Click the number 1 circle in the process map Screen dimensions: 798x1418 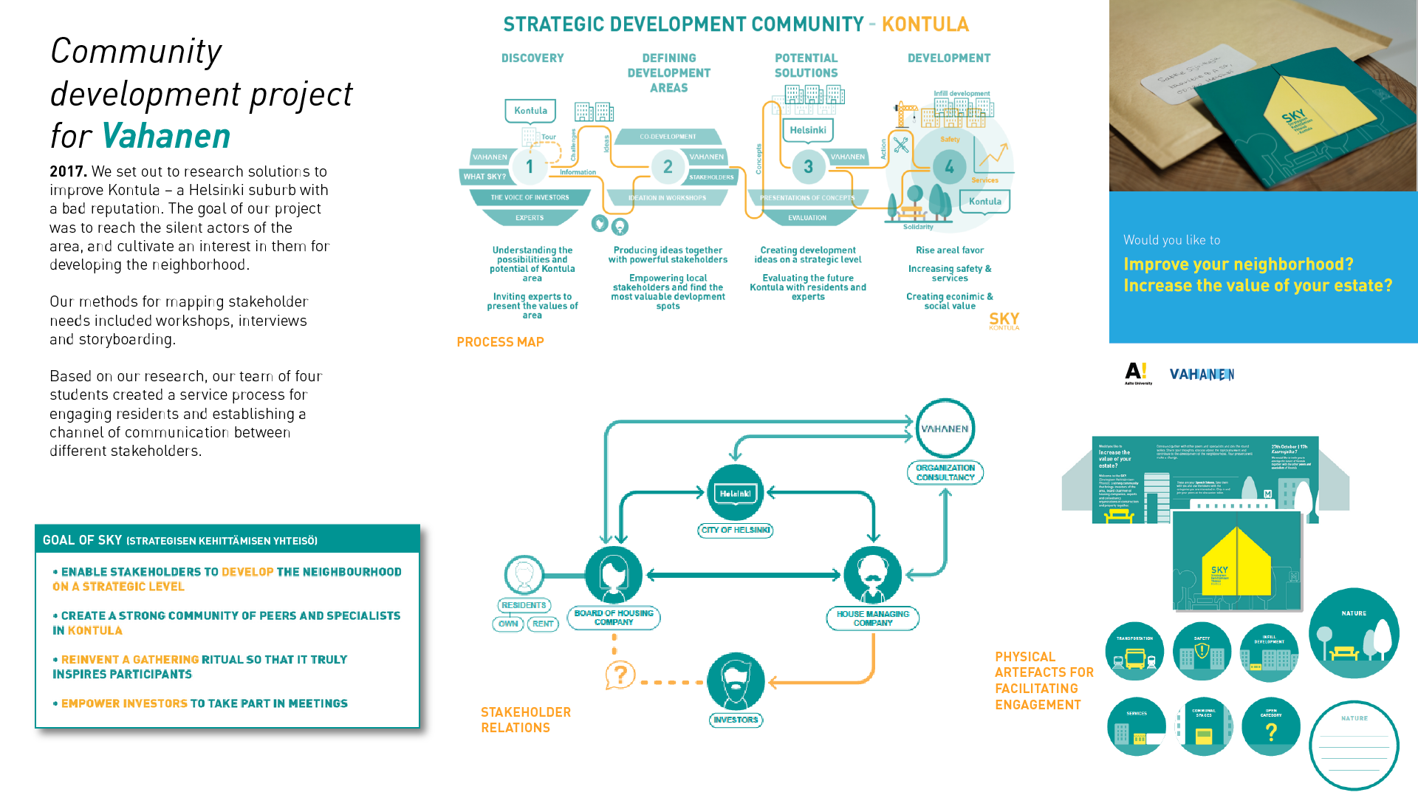pos(529,167)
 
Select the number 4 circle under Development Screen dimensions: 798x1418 pos(949,167)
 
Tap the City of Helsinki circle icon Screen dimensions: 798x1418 pos(735,493)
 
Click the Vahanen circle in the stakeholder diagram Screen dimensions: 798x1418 pos(945,429)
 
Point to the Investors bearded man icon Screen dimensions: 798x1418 pos(736,681)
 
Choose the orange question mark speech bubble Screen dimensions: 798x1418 pos(620,675)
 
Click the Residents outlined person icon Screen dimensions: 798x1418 pos(524,575)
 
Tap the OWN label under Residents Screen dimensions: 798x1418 pos(508,624)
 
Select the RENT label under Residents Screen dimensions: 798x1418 pos(543,624)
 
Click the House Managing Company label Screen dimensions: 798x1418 pos(872,618)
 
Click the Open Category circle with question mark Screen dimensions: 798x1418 pos(1270,727)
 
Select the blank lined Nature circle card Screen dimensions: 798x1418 pos(1354,745)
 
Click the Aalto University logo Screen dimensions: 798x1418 pos(1137,373)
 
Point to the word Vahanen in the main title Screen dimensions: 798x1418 pos(166,137)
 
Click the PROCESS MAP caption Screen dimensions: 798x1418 pos(500,342)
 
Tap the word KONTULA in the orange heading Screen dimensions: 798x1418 pos(925,24)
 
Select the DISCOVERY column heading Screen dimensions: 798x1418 pos(532,58)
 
